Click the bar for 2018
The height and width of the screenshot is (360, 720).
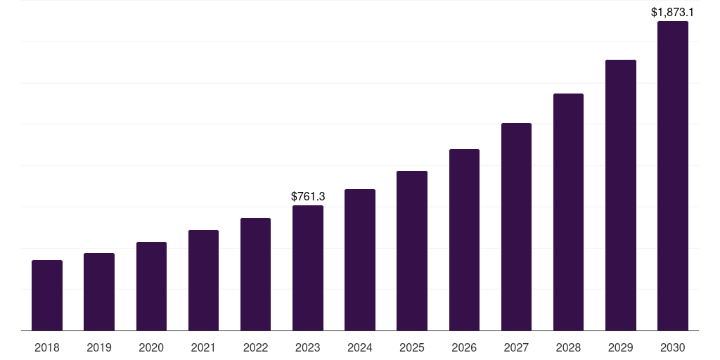[47, 295]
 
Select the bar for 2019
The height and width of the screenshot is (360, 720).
[99, 292]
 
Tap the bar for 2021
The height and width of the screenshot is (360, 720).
[203, 280]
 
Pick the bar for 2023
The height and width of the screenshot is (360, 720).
[308, 268]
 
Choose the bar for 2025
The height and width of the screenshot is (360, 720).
[412, 250]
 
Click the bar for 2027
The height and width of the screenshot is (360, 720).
[516, 226]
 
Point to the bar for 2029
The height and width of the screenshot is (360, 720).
[621, 195]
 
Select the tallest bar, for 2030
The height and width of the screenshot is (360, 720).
[673, 176]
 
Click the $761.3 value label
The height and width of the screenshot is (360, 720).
[308, 197]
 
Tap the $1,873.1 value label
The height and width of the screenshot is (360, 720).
[673, 13]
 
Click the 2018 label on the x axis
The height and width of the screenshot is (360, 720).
[47, 347]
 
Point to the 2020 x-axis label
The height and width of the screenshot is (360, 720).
[151, 347]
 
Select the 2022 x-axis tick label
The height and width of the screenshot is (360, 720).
[256, 347]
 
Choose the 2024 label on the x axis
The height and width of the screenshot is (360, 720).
[360, 347]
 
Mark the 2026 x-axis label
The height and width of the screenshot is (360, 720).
[464, 347]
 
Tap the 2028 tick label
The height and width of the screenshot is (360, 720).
[568, 347]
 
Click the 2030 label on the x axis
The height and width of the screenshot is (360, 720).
[673, 347]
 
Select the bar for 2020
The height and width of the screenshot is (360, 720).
[151, 286]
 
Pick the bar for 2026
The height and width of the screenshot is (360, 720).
[464, 240]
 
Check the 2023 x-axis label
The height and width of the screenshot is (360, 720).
[308, 347]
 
